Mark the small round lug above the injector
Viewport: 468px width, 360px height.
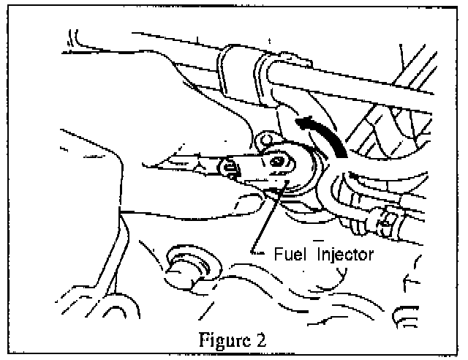[x=266, y=137]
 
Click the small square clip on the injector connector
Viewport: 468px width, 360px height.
[x=231, y=170]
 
